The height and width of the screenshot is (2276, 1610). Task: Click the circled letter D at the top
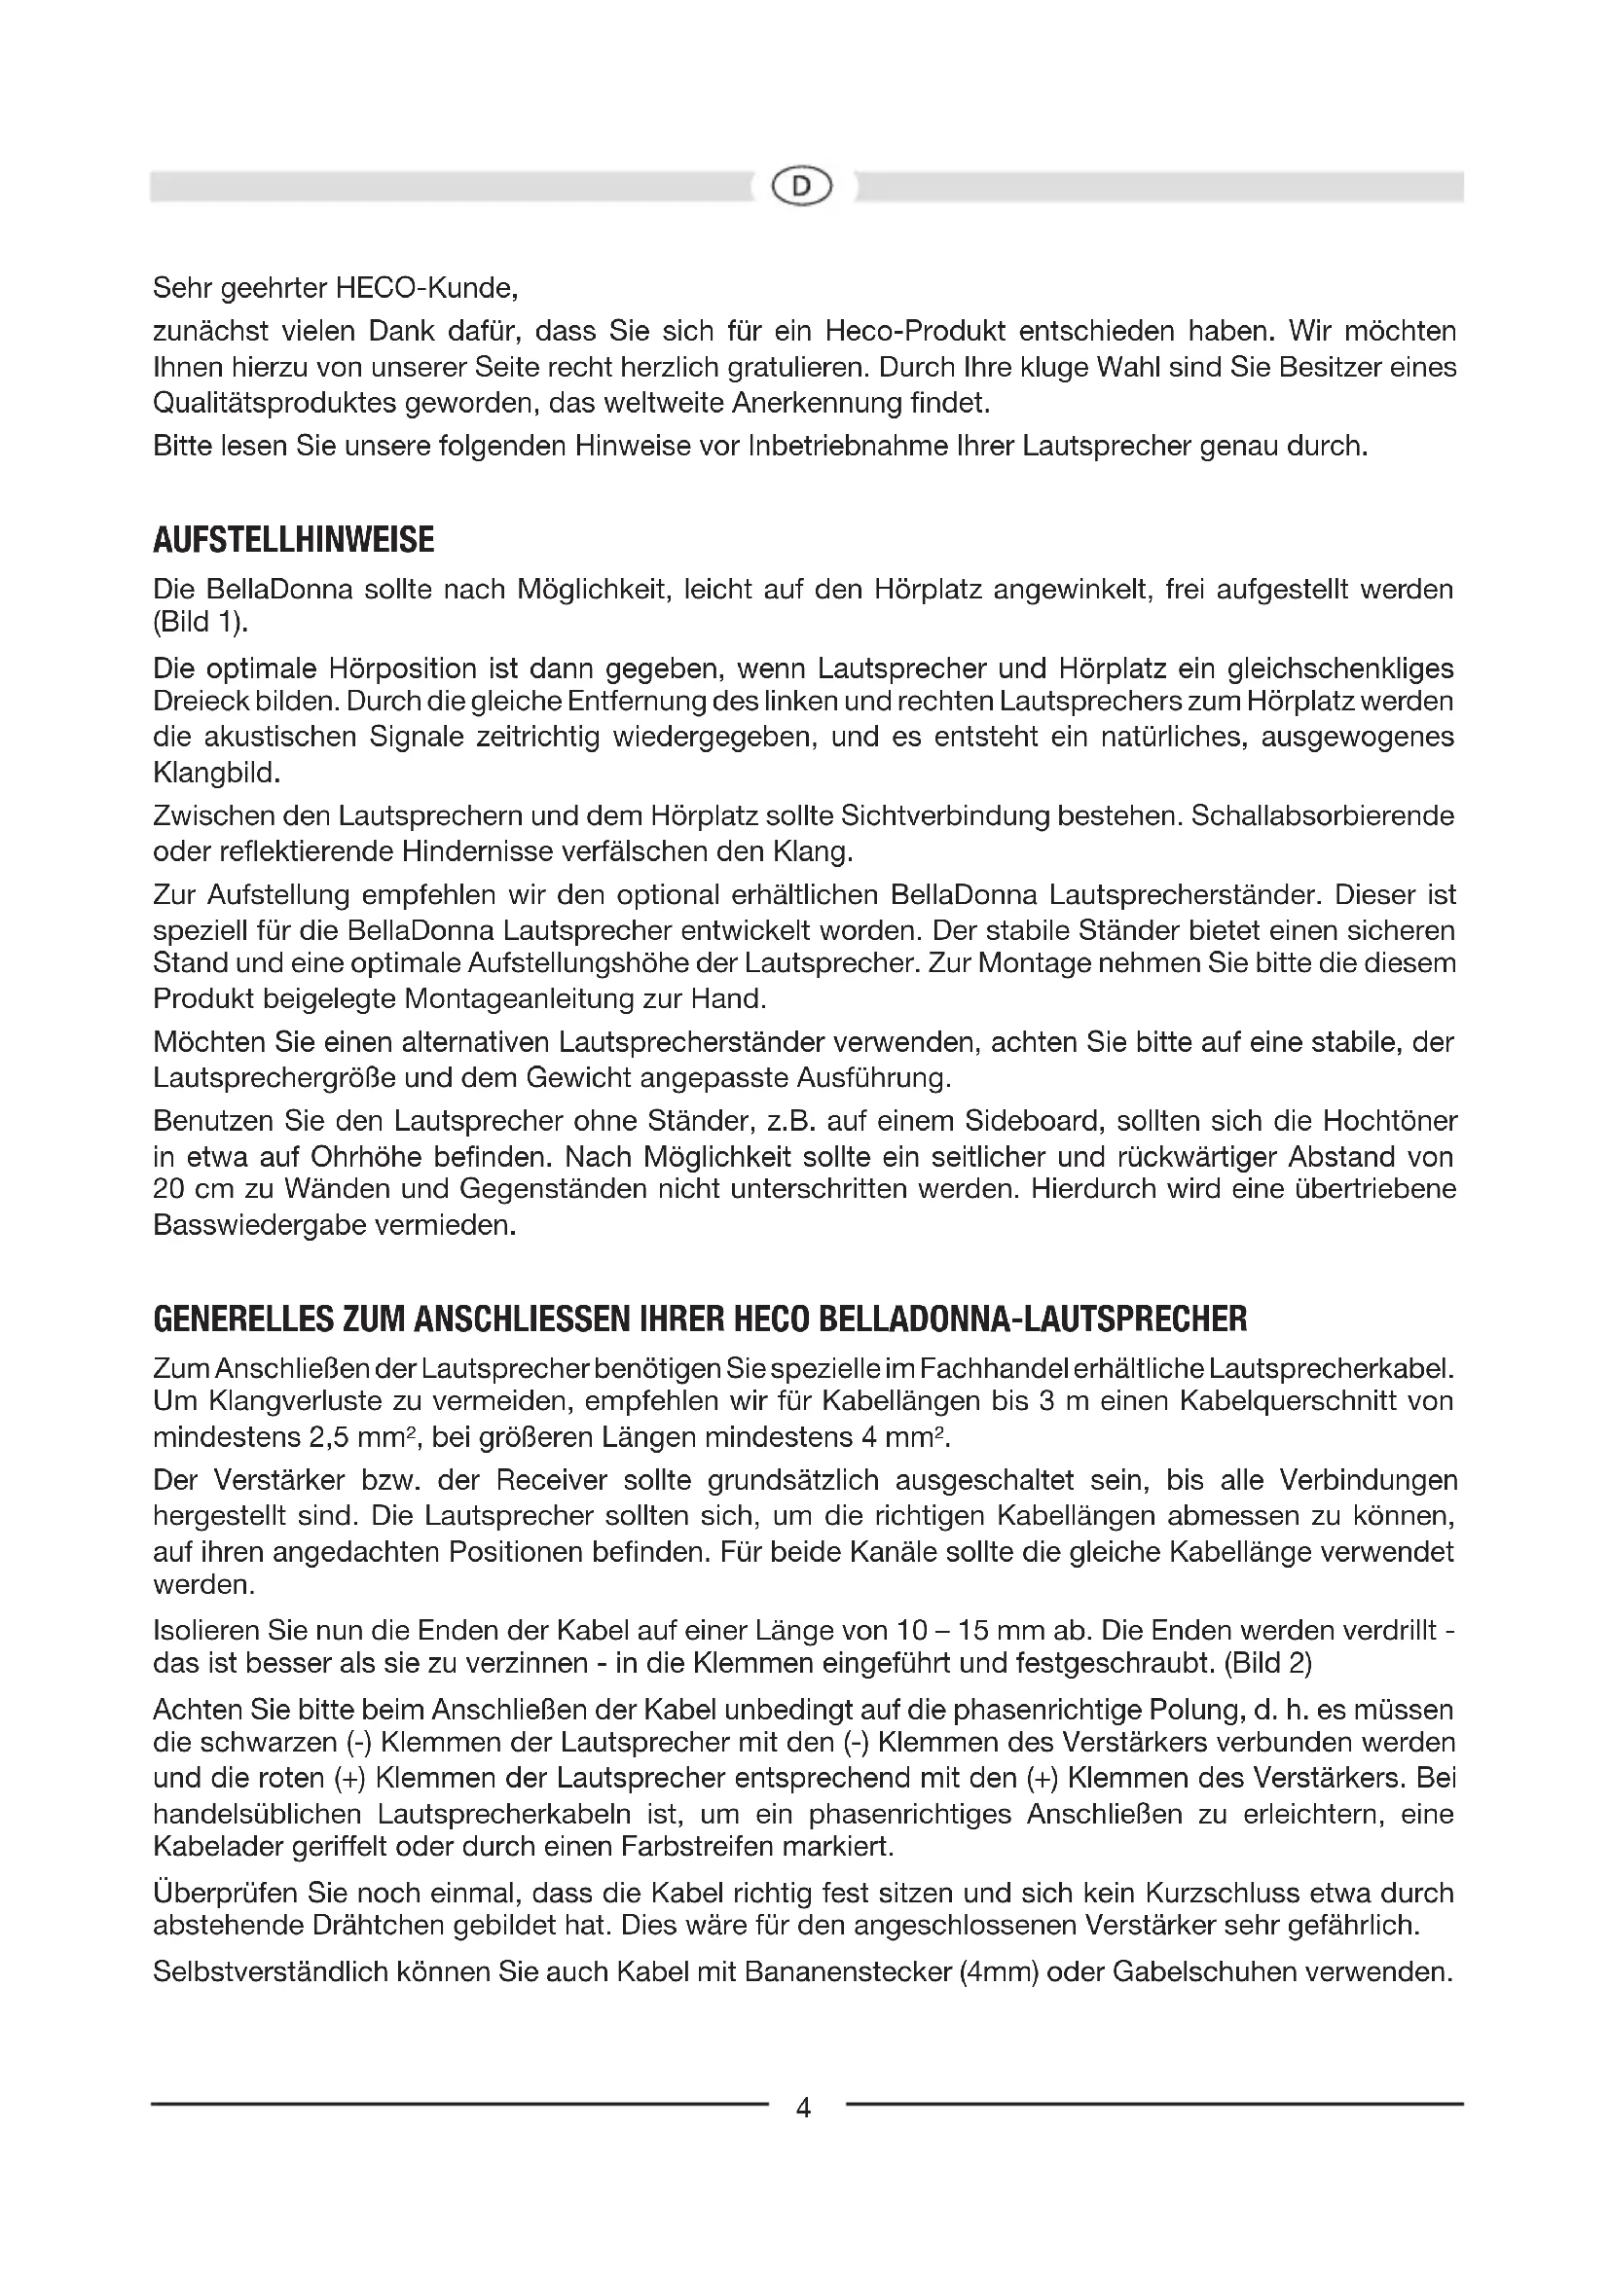(803, 186)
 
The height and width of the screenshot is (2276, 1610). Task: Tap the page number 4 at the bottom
(804, 2108)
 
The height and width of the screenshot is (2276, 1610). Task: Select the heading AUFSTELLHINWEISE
(293, 540)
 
